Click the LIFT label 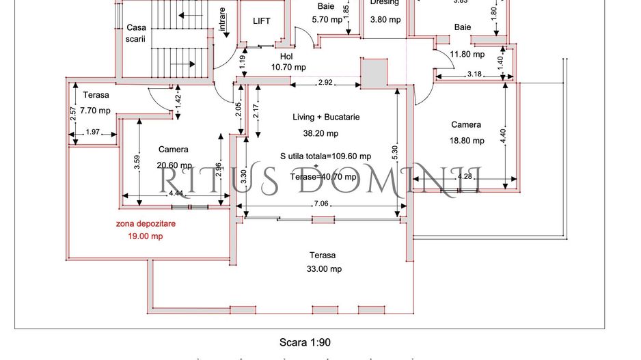click(x=262, y=21)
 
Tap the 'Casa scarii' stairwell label click(x=136, y=33)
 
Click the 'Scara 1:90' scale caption click(x=306, y=342)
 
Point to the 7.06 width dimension click(x=321, y=204)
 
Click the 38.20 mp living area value click(x=320, y=134)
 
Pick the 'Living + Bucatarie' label click(x=326, y=117)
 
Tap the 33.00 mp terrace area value click(x=325, y=269)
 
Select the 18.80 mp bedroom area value click(x=467, y=141)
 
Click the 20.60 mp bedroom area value click(x=173, y=165)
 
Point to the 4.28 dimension click(x=465, y=177)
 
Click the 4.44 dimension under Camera click(x=176, y=193)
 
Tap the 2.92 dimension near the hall click(x=325, y=83)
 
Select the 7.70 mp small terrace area click(x=95, y=111)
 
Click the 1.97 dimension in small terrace click(x=93, y=132)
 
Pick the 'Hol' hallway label click(x=286, y=57)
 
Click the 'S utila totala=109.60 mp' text click(x=325, y=155)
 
